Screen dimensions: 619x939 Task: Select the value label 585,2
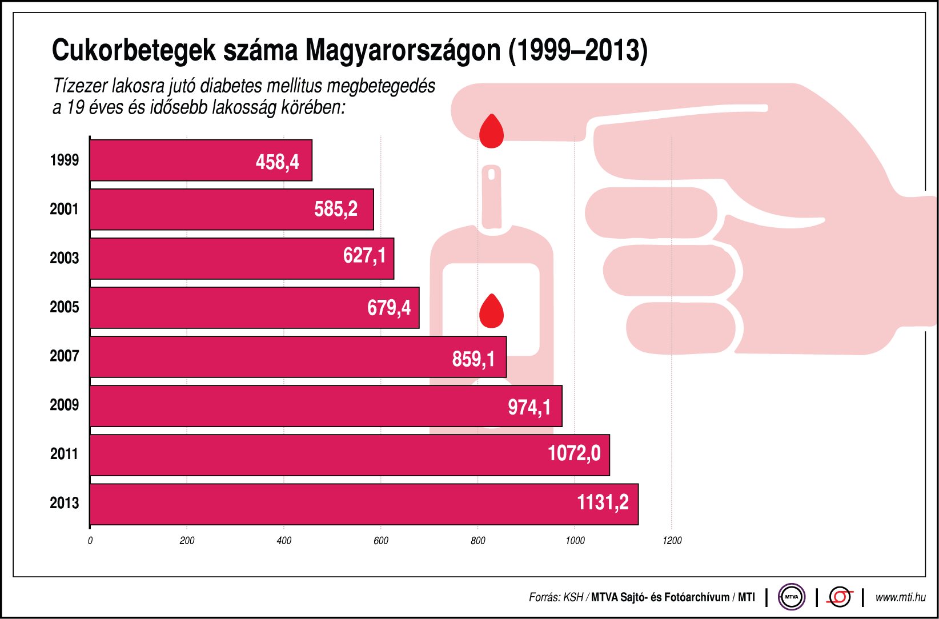[x=335, y=209]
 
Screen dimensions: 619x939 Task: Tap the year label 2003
[x=64, y=258]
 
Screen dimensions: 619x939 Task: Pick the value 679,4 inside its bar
[x=388, y=308]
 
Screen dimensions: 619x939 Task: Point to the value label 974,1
[x=529, y=407]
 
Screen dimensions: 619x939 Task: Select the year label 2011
[x=64, y=454]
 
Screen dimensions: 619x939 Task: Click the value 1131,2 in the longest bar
[x=602, y=503]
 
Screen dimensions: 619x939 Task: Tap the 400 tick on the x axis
[x=284, y=541]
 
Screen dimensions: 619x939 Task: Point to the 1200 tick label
[x=672, y=541]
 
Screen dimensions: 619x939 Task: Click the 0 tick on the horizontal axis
[x=90, y=541]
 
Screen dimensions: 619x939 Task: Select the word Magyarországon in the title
[x=403, y=51]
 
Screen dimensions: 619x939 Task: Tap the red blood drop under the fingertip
[x=491, y=131]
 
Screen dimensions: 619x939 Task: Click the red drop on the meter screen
[x=491, y=311]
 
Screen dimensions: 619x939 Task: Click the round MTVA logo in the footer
[x=791, y=597]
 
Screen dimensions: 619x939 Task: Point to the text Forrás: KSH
[x=556, y=597]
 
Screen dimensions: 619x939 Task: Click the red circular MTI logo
[x=840, y=597]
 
